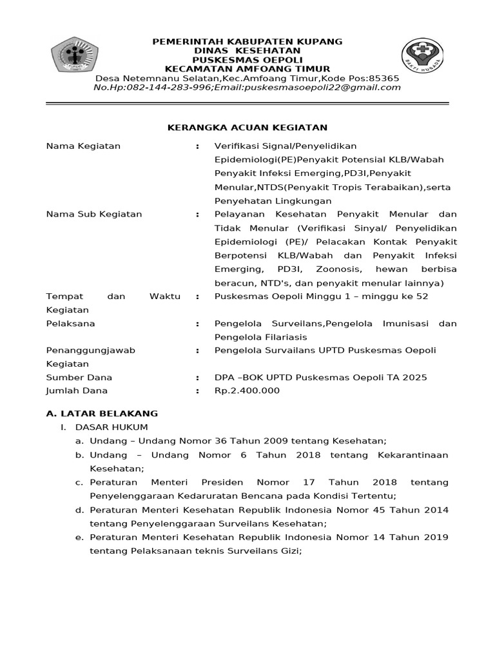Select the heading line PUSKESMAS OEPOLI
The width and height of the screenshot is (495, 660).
(247, 59)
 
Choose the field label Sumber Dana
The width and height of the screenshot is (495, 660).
(79, 378)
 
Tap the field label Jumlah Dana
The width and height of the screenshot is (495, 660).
(77, 391)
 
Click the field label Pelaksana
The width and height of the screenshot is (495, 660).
(70, 324)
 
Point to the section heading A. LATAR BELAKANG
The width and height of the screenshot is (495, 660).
(102, 413)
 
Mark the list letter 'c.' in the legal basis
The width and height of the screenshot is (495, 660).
(79, 482)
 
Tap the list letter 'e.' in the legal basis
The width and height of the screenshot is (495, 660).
(79, 537)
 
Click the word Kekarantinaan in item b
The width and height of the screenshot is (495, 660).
(409, 455)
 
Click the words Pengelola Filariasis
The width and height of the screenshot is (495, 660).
(261, 337)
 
